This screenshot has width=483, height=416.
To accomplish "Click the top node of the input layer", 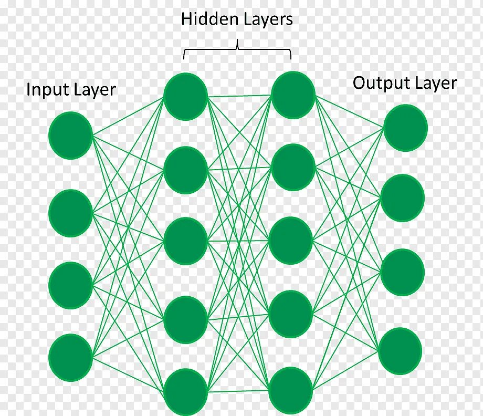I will tap(71, 136).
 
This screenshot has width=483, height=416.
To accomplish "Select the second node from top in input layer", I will tap(71, 213).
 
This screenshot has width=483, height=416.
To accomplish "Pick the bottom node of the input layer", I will tap(71, 358).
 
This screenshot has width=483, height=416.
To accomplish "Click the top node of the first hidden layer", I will tap(185, 96).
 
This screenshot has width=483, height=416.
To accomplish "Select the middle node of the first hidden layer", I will tap(185, 241).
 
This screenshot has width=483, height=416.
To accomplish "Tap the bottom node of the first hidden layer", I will tap(185, 392).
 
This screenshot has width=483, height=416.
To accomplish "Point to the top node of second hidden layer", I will tap(293, 95).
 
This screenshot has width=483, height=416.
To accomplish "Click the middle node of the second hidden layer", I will tap(291, 240).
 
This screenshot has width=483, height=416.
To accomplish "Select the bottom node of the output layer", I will tap(400, 351).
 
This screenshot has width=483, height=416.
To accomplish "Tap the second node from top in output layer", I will tap(403, 198).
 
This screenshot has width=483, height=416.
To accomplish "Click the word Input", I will tap(45, 90).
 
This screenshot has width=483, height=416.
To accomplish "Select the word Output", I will tap(380, 83).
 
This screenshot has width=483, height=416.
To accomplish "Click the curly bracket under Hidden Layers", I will tap(237, 50).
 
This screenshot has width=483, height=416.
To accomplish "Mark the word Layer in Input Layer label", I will tap(93, 90).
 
